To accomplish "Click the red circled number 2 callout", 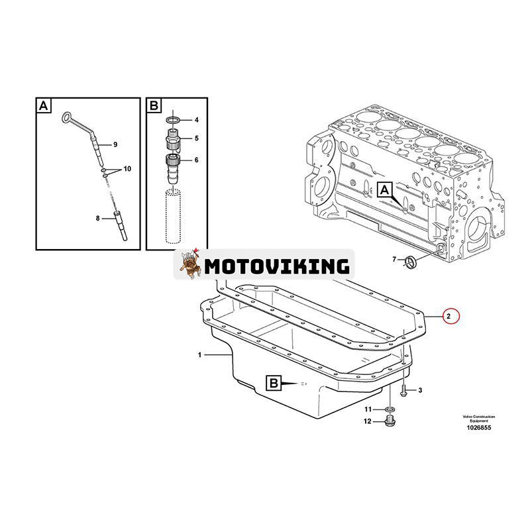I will coord(449,317).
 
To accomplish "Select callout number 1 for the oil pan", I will coord(199,356).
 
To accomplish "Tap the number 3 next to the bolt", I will coord(420,390).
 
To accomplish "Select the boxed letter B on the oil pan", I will coord(274,382).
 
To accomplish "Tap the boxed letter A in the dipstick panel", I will coord(43,105).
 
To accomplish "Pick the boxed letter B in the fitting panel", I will coord(153,105).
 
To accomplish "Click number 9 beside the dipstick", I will coord(115,144).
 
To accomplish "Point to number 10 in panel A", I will coord(127,169).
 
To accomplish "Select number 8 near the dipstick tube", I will coord(97,217).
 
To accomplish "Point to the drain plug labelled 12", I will coord(389,421).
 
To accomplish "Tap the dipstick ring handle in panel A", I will coord(67,118).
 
